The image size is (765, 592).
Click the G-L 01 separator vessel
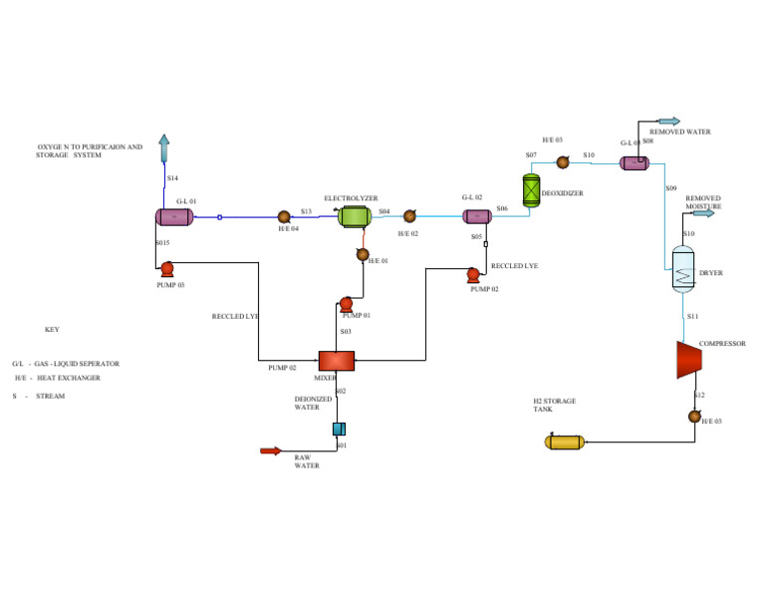pyautogui.click(x=175, y=216)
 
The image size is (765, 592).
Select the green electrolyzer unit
pyautogui.click(x=354, y=215)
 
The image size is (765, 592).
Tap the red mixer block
pyautogui.click(x=337, y=361)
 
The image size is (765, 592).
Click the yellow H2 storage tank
pyautogui.click(x=564, y=442)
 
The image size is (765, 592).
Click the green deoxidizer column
pyautogui.click(x=531, y=189)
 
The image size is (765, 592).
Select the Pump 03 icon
pyautogui.click(x=166, y=268)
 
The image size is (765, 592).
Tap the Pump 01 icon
pyautogui.click(x=346, y=304)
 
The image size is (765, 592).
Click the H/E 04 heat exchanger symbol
pyautogui.click(x=284, y=216)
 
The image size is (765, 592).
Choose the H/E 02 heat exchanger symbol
pyautogui.click(x=409, y=216)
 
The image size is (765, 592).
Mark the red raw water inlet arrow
pyautogui.click(x=271, y=450)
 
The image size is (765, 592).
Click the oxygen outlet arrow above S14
pyautogui.click(x=164, y=148)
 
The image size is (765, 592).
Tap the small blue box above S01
pyautogui.click(x=338, y=429)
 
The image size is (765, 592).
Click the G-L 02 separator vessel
pyautogui.click(x=477, y=216)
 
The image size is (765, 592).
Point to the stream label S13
pyautogui.click(x=306, y=211)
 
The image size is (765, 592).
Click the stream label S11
pyautogui.click(x=692, y=316)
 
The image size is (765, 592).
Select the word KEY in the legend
pyautogui.click(x=52, y=330)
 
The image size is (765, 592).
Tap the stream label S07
pyautogui.click(x=531, y=155)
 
